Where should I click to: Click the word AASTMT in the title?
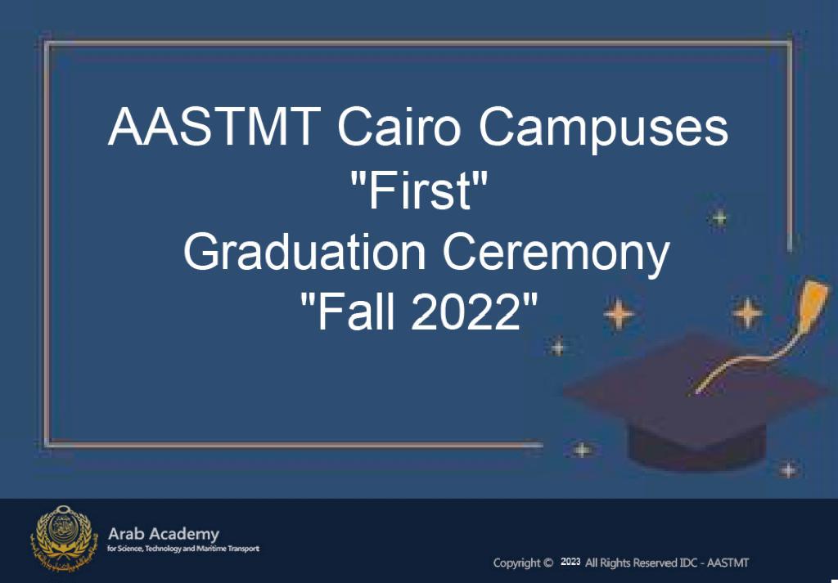214,126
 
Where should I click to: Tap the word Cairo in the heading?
399,126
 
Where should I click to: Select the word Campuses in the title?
603,130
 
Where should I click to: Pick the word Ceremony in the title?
556,255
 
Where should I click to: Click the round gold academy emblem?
64,539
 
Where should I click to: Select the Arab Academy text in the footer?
164,534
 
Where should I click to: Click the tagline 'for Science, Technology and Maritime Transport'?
183,549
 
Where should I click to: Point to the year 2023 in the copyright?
570,562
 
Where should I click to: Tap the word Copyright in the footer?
517,563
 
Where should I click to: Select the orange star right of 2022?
619,313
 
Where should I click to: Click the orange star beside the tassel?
746,312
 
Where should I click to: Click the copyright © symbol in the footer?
547,563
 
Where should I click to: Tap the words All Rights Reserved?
631,563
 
